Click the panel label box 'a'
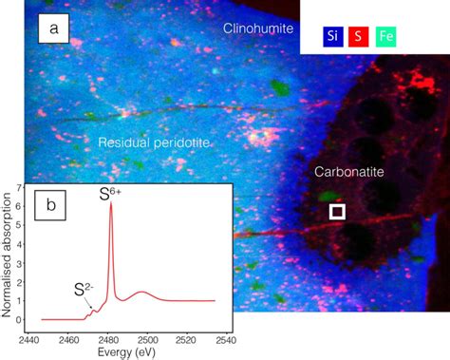point(54,29)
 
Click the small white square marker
point(336,211)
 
